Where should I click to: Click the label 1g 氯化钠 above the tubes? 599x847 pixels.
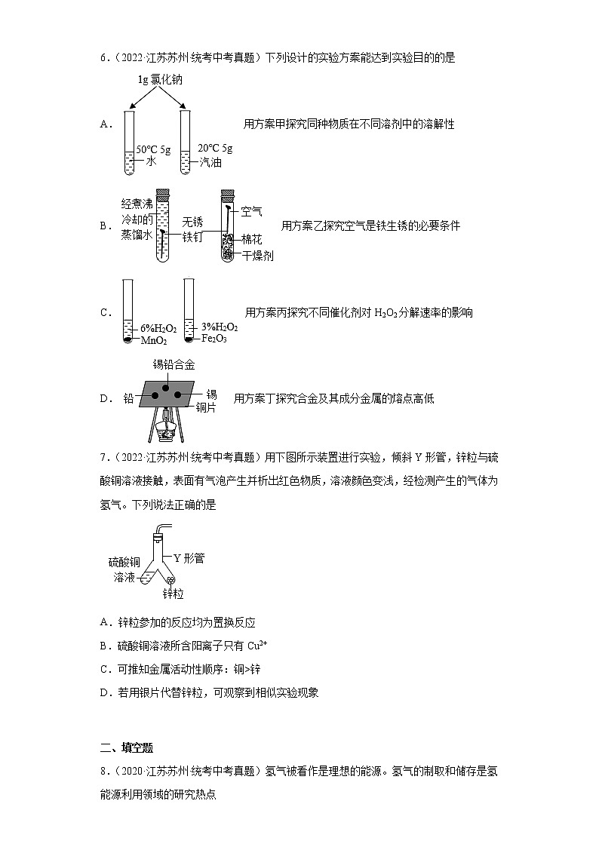pos(161,80)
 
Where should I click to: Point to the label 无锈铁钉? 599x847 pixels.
pos(192,229)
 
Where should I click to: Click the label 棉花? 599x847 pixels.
pos(252,239)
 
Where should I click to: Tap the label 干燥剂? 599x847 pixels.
pos(257,256)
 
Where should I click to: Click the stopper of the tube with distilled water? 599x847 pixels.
pos(161,193)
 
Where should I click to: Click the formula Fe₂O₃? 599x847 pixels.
pos(214,339)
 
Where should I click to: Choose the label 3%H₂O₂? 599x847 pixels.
pos(220,327)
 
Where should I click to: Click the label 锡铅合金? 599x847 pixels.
pos(174,364)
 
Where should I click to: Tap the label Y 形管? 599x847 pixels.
pos(189,558)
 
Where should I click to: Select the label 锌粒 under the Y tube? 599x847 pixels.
pos(173,594)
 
